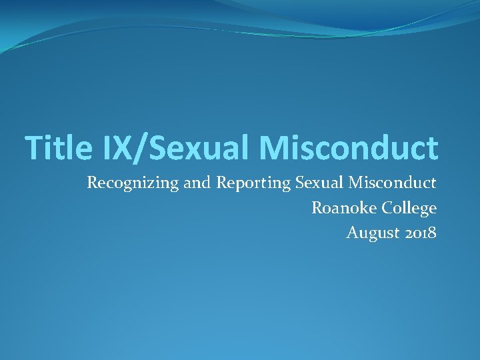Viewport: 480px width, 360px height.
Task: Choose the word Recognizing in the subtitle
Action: point(133,183)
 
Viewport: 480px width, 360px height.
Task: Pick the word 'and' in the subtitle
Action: point(197,183)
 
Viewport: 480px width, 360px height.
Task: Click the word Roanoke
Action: point(345,208)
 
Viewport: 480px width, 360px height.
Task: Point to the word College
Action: point(409,209)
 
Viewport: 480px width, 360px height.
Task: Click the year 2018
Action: point(421,233)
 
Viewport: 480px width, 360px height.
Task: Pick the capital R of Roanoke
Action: point(317,208)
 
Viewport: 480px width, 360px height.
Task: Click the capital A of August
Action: point(353,233)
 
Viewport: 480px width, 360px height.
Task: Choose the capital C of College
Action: point(387,208)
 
